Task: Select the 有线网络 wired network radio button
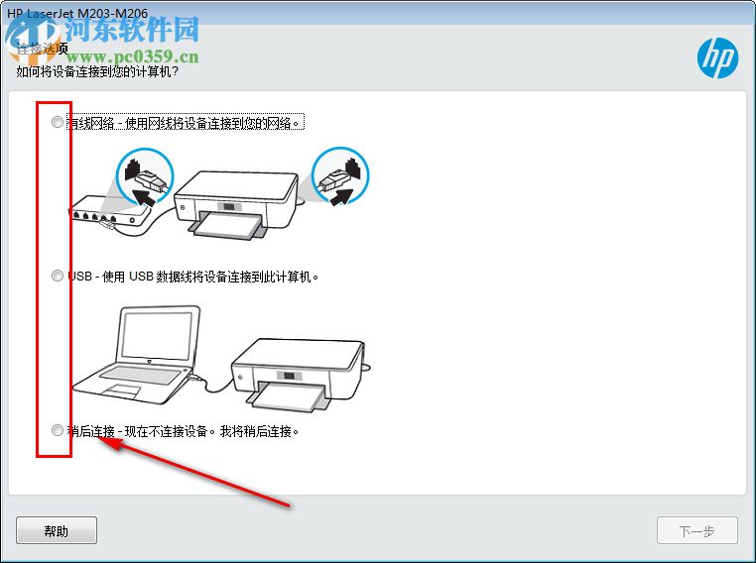coord(57,122)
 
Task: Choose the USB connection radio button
coord(57,277)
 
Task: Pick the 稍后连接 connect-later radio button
coord(57,431)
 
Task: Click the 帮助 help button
coord(57,530)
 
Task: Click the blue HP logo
coord(717,58)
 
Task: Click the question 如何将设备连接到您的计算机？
coord(104,71)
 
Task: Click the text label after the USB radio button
coord(193,277)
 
